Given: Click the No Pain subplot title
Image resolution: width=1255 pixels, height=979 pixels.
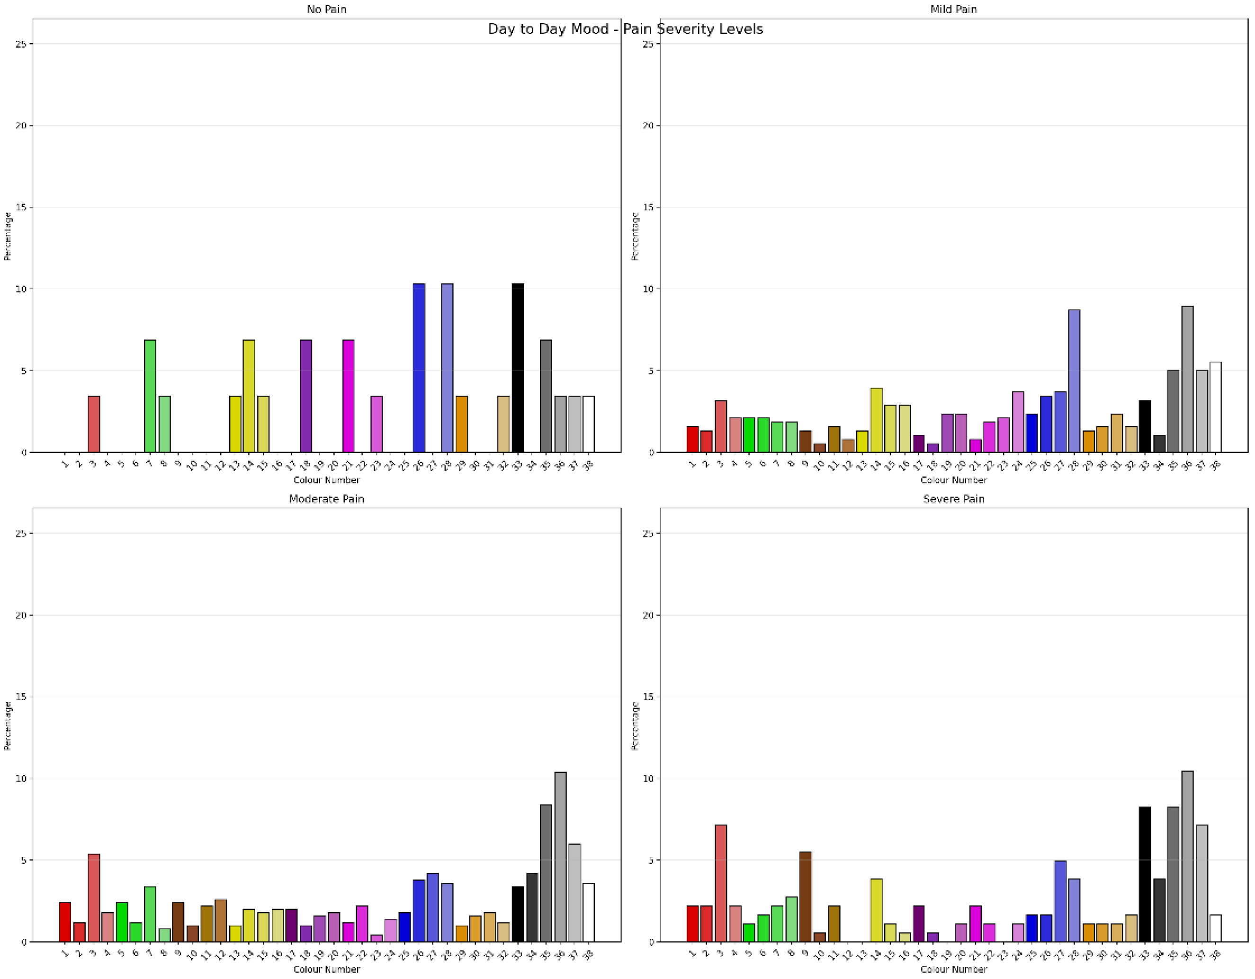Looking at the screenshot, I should click(x=326, y=9).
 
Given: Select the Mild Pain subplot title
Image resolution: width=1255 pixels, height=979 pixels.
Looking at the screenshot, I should click(x=953, y=9).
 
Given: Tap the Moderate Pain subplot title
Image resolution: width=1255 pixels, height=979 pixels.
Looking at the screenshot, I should click(x=326, y=499).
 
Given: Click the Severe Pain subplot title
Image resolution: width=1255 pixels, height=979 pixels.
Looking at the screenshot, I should click(x=953, y=499).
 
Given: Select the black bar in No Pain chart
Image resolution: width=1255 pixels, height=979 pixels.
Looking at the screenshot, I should click(x=518, y=368).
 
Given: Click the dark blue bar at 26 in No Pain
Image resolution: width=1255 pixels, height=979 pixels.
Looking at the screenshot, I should click(x=419, y=368).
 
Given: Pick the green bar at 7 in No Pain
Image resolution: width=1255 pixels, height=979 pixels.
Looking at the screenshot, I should click(x=150, y=397).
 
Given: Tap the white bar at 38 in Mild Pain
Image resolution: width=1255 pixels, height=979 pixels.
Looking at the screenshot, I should click(x=1215, y=407).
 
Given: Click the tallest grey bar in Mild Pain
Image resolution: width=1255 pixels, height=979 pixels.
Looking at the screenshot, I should click(x=1187, y=380).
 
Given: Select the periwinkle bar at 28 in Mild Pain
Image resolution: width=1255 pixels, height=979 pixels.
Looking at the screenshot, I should click(x=1074, y=381).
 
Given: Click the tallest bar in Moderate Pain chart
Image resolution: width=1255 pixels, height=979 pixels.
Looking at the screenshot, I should click(x=560, y=857).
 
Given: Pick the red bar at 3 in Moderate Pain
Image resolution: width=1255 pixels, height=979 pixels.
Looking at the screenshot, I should click(x=94, y=898).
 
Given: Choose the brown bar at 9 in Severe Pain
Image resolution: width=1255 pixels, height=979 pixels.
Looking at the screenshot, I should click(x=805, y=897).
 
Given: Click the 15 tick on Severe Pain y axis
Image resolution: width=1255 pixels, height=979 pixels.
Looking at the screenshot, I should click(x=648, y=697).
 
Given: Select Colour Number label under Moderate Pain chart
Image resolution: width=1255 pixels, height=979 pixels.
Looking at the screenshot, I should click(x=326, y=969).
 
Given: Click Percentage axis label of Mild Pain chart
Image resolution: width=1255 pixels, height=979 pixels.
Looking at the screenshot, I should click(x=635, y=236).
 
